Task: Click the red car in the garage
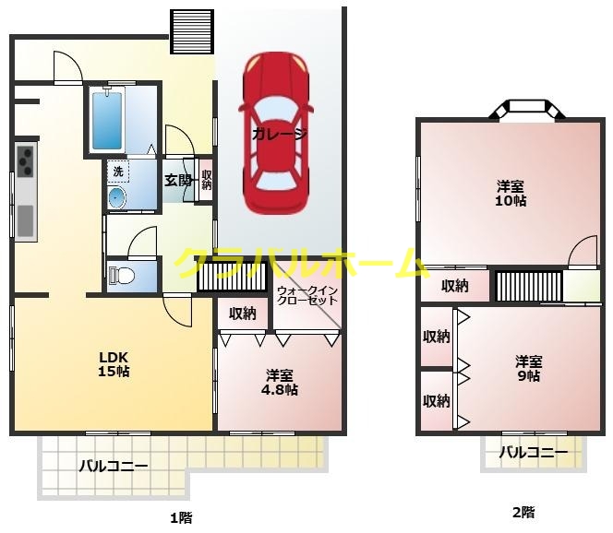point(276,133)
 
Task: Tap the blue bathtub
point(107,120)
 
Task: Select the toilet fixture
point(122,276)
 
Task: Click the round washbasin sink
point(117,198)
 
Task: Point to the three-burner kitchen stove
point(26,160)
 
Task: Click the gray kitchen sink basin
point(26,221)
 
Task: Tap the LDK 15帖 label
point(114,364)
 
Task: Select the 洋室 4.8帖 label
point(280,383)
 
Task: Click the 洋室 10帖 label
point(511,194)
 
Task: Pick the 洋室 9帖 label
point(528,368)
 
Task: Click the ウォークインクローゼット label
point(306,295)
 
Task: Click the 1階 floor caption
point(181,518)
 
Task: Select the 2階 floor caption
point(523,513)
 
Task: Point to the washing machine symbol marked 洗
point(118,172)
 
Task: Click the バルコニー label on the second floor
point(534,452)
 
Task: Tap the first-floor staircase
point(233,276)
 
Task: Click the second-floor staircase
point(529,286)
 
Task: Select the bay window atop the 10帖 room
point(527,110)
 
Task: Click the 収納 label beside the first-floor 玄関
point(207,180)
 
